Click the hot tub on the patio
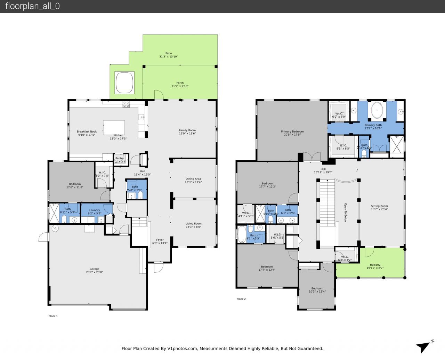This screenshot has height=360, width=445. click(124, 82)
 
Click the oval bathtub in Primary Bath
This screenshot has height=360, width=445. click(378, 111)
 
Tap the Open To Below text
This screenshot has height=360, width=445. click(345, 213)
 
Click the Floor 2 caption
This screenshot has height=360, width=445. click(241, 299)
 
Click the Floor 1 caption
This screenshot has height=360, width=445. click(53, 316)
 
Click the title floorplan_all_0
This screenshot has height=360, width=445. click(33, 6)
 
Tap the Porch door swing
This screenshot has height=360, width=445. click(158, 95)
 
